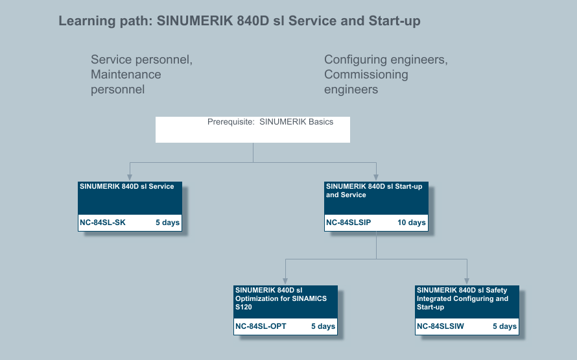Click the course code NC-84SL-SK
102,222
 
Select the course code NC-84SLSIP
349,222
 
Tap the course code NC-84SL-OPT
261,326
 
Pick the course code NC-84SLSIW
440,326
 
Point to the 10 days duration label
412,222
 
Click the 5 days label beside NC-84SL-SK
167,222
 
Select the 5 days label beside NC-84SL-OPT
323,326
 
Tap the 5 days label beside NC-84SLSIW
505,326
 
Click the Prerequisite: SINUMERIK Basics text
270,122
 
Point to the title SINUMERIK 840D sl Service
127,186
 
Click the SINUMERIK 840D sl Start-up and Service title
374,191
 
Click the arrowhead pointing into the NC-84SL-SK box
130,178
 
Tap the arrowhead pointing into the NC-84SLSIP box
376,178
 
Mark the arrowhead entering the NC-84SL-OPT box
285,282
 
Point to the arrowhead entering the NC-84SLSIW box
467,282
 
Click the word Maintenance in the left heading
126,75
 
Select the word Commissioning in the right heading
366,75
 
